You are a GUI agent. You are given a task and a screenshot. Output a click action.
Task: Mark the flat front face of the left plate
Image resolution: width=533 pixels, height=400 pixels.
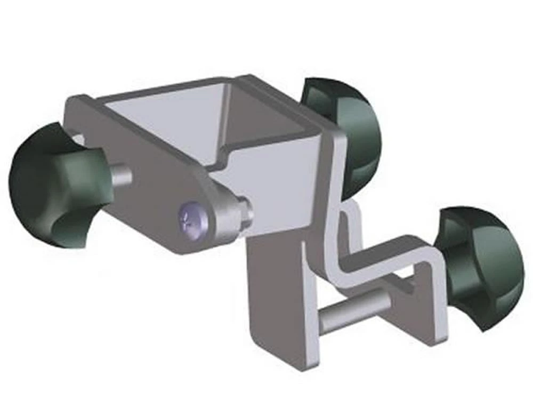(144, 176)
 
